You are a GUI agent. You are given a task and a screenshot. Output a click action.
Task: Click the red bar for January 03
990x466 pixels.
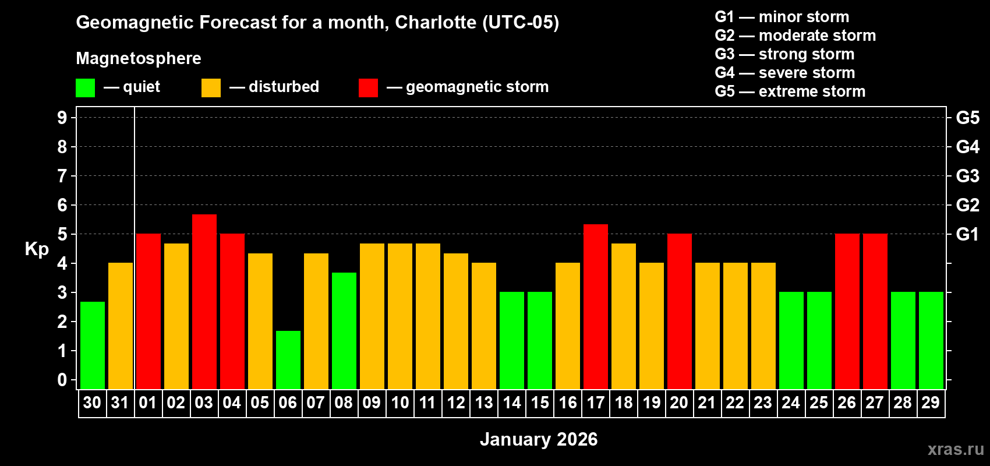[204, 301]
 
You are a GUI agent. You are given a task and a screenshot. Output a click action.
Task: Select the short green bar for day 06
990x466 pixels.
[288, 359]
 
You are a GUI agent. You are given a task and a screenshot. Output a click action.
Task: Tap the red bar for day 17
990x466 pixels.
[596, 306]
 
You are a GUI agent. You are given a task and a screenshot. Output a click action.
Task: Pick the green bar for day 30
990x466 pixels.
[93, 345]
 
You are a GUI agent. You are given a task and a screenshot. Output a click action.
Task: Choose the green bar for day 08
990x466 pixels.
[344, 330]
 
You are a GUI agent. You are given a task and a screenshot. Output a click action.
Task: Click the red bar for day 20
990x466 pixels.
[680, 311]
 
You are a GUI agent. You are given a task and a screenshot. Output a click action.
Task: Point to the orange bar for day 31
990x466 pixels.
[121, 326]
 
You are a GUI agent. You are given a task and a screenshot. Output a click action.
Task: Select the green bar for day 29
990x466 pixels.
[931, 340]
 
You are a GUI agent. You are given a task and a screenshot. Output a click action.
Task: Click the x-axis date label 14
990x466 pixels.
[512, 403]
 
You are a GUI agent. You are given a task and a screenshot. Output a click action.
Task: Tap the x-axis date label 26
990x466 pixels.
[847, 403]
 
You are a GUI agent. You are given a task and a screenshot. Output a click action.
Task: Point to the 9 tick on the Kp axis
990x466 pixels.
[62, 118]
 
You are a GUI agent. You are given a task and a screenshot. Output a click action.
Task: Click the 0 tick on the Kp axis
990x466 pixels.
[62, 380]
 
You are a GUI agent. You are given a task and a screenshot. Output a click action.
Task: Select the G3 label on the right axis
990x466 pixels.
[967, 176]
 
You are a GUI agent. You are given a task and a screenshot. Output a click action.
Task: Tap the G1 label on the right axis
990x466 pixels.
[967, 234]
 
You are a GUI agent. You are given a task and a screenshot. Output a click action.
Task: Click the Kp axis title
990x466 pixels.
[37, 249]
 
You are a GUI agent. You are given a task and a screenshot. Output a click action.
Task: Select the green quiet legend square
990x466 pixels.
[85, 87]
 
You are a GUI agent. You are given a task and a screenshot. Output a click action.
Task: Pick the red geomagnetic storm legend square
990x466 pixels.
[368, 87]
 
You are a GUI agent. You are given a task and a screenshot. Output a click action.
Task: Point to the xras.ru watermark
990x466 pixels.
[956, 449]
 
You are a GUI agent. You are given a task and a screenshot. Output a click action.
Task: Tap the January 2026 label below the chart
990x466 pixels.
[539, 439]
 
